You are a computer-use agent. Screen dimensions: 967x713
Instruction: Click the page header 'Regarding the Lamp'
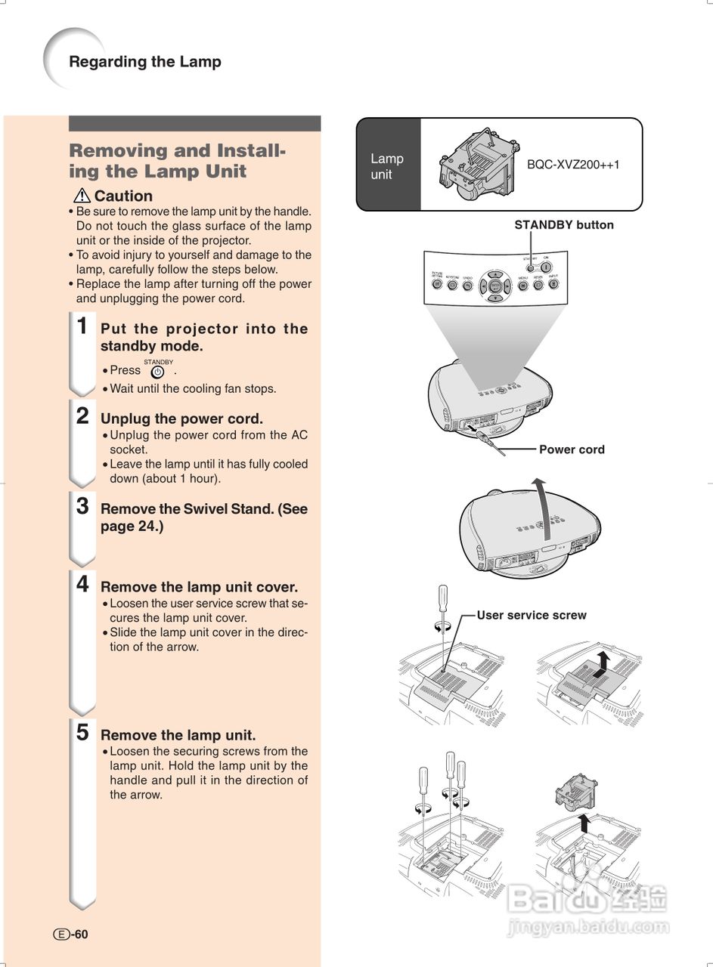click(145, 62)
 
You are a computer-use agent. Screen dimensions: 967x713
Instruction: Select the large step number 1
click(83, 326)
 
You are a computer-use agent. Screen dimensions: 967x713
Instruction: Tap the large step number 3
click(83, 506)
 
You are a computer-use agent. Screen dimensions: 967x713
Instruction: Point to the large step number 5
click(83, 732)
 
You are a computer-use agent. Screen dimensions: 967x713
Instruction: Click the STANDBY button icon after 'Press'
click(157, 372)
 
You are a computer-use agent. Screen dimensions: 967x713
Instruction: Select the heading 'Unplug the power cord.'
click(181, 419)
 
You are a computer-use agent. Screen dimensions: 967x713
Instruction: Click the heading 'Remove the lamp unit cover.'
click(199, 587)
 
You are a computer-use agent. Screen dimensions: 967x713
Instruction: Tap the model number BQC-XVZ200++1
click(573, 164)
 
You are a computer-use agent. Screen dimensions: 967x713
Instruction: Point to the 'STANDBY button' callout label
click(564, 225)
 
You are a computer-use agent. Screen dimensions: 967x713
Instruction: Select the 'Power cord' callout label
click(572, 450)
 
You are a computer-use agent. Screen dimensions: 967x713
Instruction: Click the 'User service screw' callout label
click(532, 615)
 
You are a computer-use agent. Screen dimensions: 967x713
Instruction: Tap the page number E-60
click(71, 935)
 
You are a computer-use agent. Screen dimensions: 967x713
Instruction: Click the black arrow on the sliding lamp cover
click(602, 665)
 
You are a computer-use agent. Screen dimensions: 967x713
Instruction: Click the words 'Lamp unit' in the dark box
click(387, 166)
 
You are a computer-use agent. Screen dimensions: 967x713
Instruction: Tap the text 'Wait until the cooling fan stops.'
click(193, 389)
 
